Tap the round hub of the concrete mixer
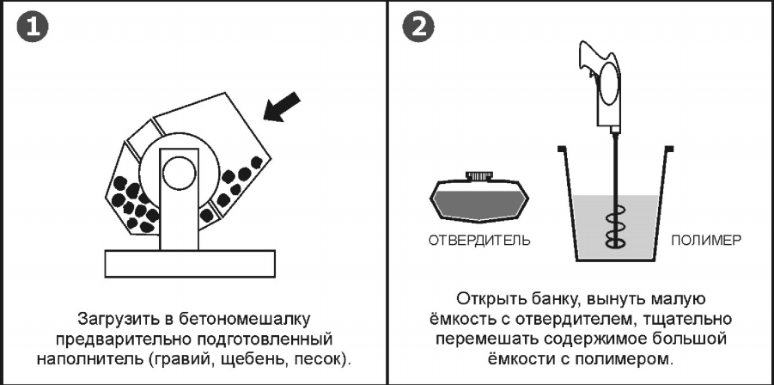point(180,171)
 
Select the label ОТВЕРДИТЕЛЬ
point(478,241)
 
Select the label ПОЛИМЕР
point(705,241)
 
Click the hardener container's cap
point(478,176)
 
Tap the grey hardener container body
point(478,203)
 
